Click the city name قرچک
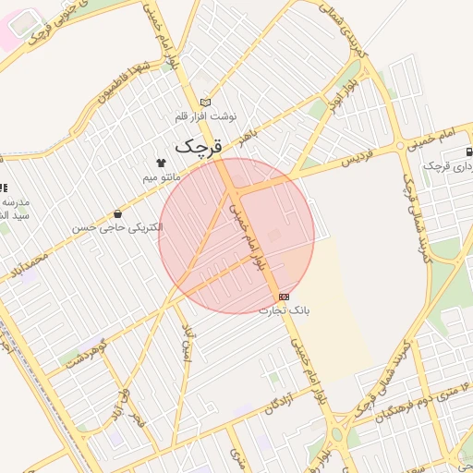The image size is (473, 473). pos(199,145)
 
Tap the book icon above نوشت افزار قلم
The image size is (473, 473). pos(205,103)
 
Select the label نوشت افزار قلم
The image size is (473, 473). pos(207,117)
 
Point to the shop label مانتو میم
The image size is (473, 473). pos(165,176)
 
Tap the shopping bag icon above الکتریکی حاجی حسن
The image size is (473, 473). pos(115,213)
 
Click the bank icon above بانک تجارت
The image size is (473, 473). pos(283,297)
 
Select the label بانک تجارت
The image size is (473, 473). pos(285,310)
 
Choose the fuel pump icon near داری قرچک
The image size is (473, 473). pos(469,151)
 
